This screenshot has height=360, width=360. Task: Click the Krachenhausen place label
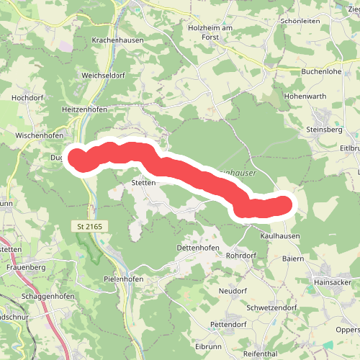point(118,40)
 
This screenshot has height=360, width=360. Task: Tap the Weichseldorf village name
point(104,74)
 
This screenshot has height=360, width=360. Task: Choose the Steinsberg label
point(326,130)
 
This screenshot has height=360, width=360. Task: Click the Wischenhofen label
point(40,135)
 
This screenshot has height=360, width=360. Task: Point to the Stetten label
point(144,183)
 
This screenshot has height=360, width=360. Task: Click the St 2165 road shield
point(90,227)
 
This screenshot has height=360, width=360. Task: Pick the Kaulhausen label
point(280,235)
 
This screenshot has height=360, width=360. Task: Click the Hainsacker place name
point(332,283)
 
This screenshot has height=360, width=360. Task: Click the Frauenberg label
point(25,267)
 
